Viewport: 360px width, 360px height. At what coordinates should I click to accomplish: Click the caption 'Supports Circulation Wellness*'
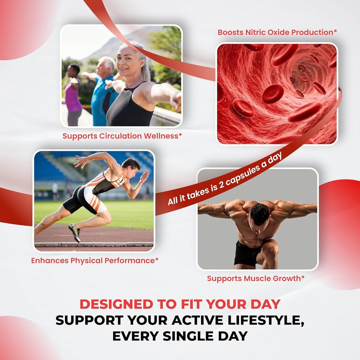coord(122,136)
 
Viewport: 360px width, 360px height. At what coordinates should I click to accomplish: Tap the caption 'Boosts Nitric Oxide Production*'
coord(277,32)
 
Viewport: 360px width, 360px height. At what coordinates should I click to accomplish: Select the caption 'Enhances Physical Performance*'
coord(95,261)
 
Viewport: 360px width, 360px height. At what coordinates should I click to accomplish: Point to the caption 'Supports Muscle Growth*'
coord(256,279)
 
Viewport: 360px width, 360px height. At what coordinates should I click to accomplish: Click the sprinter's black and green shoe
coord(75,232)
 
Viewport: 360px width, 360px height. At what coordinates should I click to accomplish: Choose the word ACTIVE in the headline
coord(186,320)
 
